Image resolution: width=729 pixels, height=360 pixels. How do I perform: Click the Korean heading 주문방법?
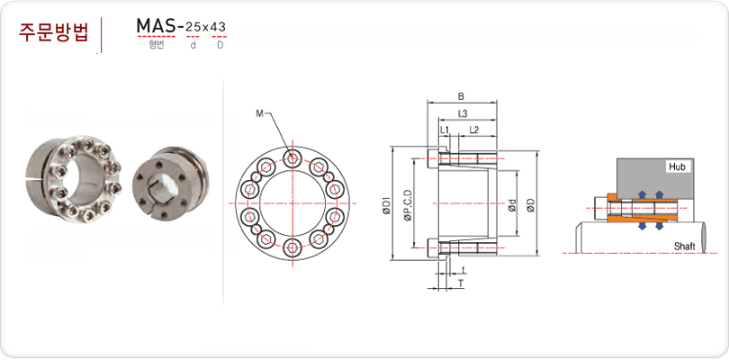pos(53,32)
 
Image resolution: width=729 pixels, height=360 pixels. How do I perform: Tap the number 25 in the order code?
pos(193,27)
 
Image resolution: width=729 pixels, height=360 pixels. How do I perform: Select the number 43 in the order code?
pos(219,27)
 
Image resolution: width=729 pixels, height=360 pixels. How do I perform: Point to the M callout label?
pos(259,113)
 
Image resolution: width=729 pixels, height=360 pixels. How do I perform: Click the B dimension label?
pos(461,96)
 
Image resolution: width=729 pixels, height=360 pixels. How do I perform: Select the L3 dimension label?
pos(462,113)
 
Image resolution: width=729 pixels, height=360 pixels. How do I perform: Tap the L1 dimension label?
pos(445,130)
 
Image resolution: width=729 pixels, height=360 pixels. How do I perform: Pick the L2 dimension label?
pos(473,130)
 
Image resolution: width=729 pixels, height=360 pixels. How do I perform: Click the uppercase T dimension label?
pos(461,283)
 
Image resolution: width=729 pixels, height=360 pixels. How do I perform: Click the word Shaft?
pos(684,247)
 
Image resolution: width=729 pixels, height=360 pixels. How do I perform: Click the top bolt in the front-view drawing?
pos(292,159)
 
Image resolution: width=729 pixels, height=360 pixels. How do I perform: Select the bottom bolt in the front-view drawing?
pos(292,247)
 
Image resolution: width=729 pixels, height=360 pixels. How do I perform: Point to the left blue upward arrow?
pos(643,194)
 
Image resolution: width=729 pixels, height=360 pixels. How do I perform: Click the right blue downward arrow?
pos(659,225)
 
